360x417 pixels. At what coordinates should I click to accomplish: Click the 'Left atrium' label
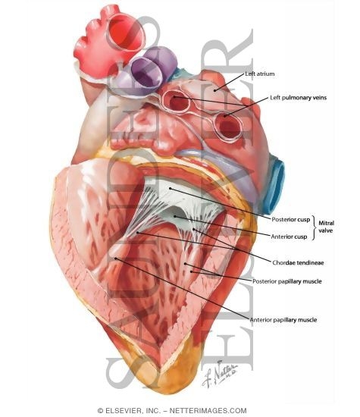click(259, 74)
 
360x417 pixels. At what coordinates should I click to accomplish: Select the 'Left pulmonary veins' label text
click(298, 98)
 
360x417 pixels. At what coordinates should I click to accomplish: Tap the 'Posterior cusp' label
click(290, 220)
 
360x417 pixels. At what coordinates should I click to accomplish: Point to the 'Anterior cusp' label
click(289, 237)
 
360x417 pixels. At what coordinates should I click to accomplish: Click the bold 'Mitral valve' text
click(326, 227)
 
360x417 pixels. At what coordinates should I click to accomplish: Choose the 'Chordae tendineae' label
click(298, 263)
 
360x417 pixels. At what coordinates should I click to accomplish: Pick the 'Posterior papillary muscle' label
click(287, 281)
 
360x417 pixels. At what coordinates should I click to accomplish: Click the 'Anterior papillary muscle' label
click(283, 320)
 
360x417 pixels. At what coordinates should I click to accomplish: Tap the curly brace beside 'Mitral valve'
click(314, 227)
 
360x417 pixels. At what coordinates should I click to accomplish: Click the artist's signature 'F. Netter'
click(220, 374)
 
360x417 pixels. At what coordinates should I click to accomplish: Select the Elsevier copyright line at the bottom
click(172, 410)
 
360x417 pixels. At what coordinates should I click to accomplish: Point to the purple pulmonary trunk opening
click(146, 72)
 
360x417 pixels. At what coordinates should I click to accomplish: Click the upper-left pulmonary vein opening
click(176, 102)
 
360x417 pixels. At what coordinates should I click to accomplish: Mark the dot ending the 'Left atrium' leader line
click(214, 91)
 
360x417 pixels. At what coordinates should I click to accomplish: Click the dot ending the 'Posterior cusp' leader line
click(171, 189)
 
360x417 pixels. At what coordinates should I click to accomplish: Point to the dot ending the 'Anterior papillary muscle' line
click(116, 259)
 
